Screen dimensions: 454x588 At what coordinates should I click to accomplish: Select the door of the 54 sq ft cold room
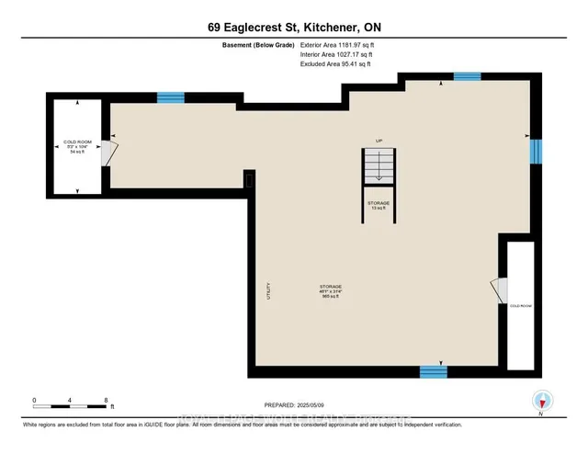click(108, 152)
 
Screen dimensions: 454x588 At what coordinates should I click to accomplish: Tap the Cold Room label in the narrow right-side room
click(520, 304)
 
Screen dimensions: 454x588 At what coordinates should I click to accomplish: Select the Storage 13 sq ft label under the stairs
click(378, 205)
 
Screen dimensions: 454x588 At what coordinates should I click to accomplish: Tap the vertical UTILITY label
click(268, 291)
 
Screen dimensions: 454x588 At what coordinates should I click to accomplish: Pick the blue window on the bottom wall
click(433, 371)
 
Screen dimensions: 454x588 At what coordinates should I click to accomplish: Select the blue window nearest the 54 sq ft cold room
click(170, 97)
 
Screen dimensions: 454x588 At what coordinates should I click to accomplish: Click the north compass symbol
click(542, 401)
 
